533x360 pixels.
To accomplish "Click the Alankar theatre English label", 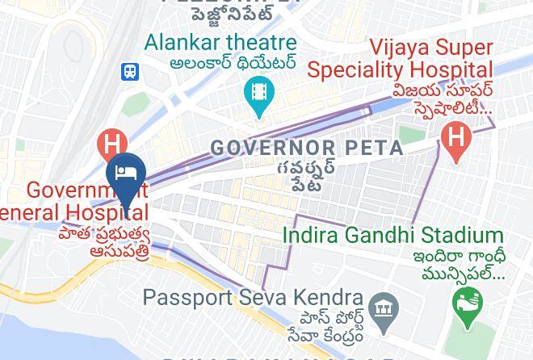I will pyautogui.click(x=221, y=41).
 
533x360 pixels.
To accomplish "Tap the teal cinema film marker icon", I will pyautogui.click(x=259, y=93).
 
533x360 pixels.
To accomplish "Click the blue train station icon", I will pyautogui.click(x=130, y=71).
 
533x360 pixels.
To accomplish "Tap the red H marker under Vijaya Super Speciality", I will pyautogui.click(x=456, y=138).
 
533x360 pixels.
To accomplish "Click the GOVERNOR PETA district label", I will pyautogui.click(x=307, y=149).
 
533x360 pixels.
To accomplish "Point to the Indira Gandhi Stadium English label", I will pyautogui.click(x=393, y=236).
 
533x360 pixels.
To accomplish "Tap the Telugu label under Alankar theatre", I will pyautogui.click(x=233, y=62).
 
